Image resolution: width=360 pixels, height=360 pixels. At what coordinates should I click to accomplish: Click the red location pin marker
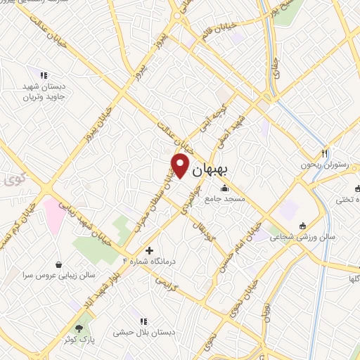(x=181, y=164)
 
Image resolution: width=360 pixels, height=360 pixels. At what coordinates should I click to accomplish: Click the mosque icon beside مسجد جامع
(x=224, y=188)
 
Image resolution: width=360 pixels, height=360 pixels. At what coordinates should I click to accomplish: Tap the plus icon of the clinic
(x=149, y=250)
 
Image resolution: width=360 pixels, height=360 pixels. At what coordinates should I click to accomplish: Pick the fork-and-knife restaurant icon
(x=324, y=153)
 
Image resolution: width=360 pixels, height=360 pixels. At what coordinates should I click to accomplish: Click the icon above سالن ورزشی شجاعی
(x=303, y=226)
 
